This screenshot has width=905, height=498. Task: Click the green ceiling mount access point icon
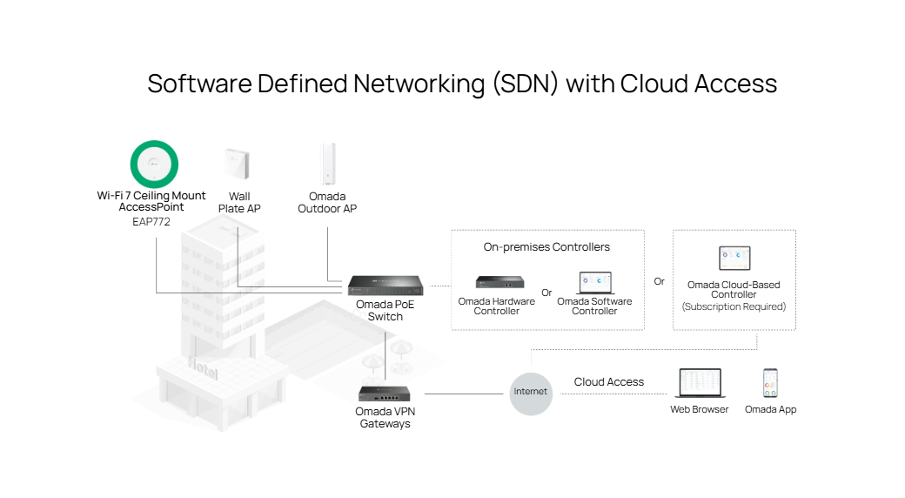(x=154, y=163)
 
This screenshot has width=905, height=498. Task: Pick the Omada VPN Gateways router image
(x=385, y=394)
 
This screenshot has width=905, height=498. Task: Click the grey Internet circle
(x=531, y=392)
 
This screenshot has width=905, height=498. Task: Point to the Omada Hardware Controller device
(x=497, y=282)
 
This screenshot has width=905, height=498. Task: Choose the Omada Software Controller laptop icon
(x=595, y=282)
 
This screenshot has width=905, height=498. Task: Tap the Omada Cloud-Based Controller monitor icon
(x=734, y=259)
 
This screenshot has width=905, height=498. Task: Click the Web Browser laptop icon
(x=700, y=384)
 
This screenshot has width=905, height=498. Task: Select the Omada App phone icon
(x=770, y=383)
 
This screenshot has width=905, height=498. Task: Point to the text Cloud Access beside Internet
(x=609, y=382)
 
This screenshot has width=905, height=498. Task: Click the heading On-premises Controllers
(x=546, y=247)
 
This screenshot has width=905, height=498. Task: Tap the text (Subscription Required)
(x=734, y=306)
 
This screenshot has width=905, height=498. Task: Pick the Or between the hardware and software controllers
(x=546, y=293)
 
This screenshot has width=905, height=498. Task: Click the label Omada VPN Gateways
(x=383, y=418)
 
